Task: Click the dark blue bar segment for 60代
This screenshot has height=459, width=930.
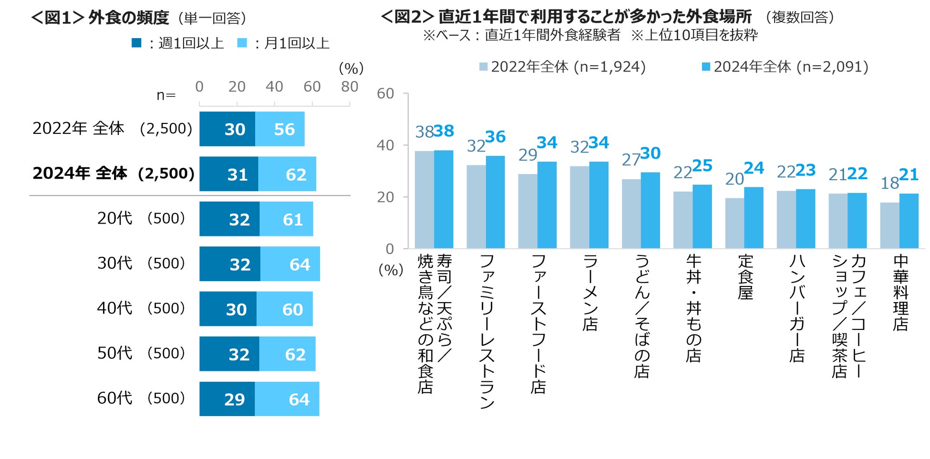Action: (x=227, y=399)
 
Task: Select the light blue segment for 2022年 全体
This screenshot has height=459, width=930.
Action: (x=280, y=129)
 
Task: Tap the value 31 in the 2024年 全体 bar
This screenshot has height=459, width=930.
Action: (x=238, y=174)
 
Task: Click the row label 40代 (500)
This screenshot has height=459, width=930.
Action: (x=141, y=308)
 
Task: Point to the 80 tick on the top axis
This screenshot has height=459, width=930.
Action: (x=350, y=87)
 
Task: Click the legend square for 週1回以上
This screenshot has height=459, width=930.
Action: (x=136, y=43)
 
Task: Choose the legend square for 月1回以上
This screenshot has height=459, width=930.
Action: (x=242, y=43)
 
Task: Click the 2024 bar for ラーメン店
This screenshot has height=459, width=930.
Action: (x=599, y=205)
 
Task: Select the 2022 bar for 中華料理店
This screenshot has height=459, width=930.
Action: (x=889, y=225)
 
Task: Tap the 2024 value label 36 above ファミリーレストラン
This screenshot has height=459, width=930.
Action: (x=496, y=137)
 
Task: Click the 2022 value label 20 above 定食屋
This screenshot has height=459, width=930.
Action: (x=734, y=179)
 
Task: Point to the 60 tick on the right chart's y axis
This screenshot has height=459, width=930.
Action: (x=385, y=93)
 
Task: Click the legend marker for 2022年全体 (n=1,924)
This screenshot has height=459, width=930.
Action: (x=483, y=67)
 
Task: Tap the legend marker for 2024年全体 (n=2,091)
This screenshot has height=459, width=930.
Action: (x=706, y=67)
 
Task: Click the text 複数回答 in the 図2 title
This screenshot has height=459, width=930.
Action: (x=800, y=18)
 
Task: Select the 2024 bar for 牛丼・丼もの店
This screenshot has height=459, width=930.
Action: (x=702, y=216)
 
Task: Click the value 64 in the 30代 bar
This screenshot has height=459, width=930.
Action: (x=300, y=264)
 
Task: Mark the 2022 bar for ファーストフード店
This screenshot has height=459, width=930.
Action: (x=527, y=211)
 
